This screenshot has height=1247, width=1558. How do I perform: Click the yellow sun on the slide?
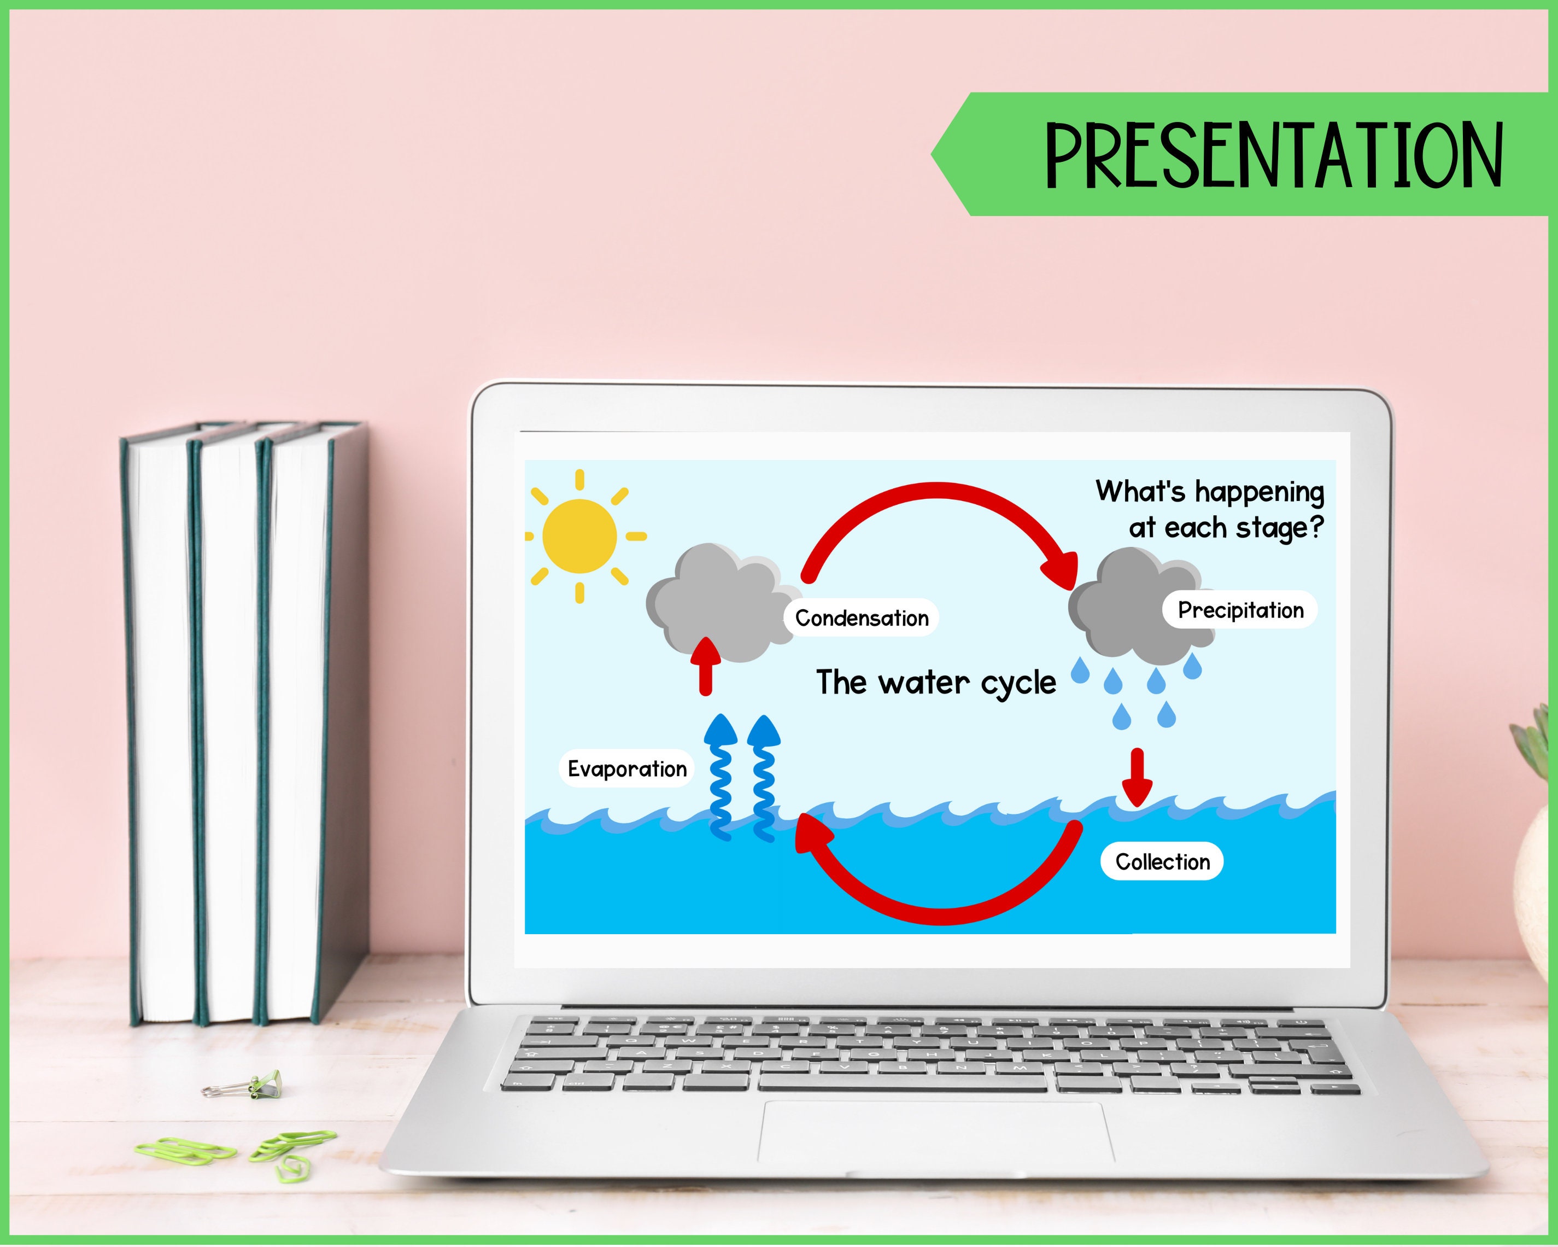[579, 535]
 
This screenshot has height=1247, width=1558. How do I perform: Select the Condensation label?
[862, 618]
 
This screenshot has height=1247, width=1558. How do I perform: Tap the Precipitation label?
[1240, 610]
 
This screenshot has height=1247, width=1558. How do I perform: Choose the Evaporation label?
[626, 768]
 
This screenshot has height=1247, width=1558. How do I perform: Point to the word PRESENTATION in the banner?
[1273, 155]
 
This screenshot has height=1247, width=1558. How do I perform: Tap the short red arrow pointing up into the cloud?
[705, 665]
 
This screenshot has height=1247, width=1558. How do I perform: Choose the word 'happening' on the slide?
[1260, 493]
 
